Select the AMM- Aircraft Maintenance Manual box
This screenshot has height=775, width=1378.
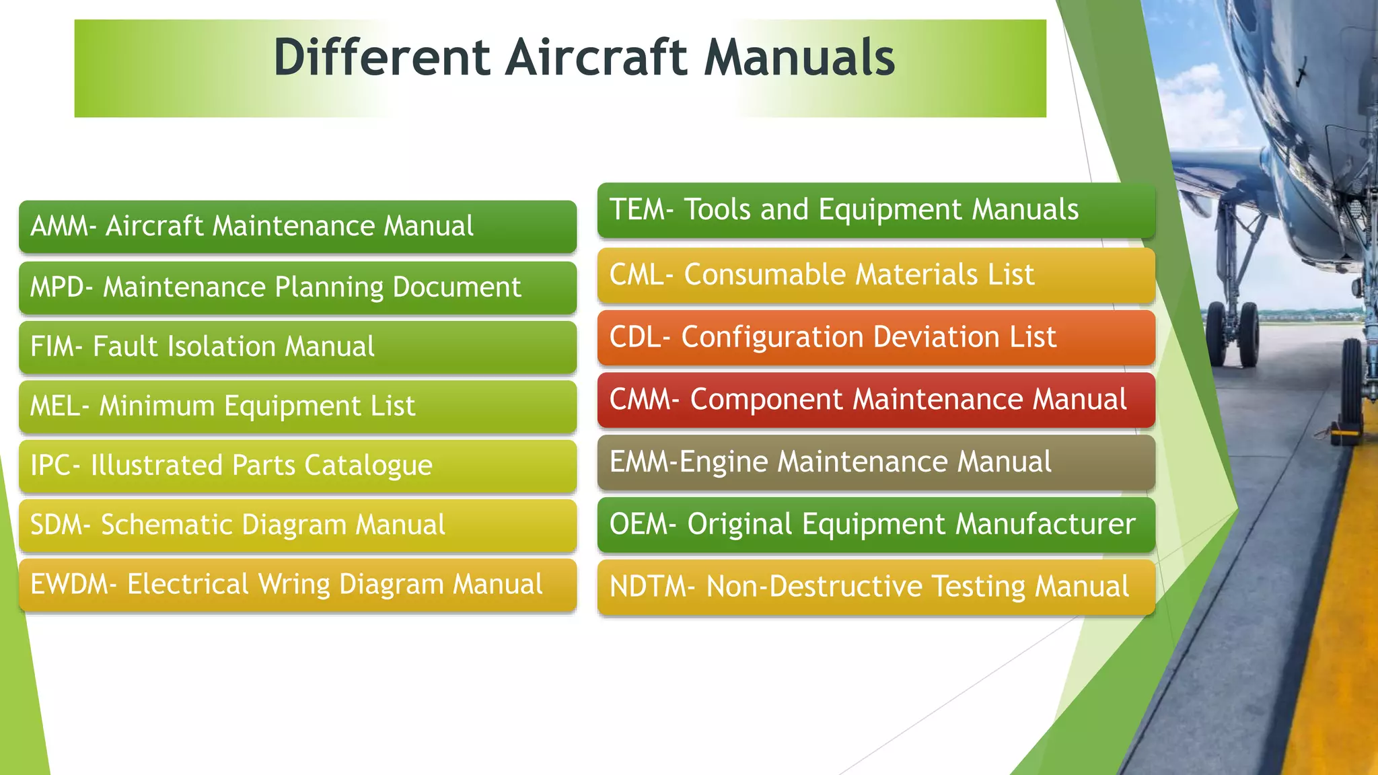coord(297,227)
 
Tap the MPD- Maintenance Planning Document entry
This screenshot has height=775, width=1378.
coord(297,288)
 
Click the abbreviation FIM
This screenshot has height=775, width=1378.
coord(52,347)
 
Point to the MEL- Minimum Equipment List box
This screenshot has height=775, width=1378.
coord(297,406)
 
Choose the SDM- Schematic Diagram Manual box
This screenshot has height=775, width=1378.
coord(297,525)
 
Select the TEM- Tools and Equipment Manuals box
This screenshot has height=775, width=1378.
coord(875,210)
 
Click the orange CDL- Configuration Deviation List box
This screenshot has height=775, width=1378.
coord(875,338)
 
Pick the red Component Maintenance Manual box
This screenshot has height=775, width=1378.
coord(875,400)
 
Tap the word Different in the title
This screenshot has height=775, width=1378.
coord(382,58)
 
